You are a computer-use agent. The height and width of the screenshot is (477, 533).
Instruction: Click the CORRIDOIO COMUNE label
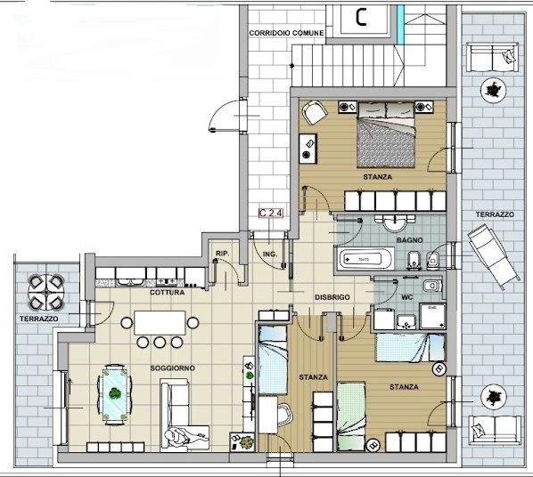(286, 33)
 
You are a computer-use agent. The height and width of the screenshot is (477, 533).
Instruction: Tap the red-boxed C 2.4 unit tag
(271, 213)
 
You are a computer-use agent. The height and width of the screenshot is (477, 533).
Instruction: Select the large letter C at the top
(361, 17)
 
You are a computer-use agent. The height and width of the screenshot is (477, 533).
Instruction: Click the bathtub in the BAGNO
(365, 259)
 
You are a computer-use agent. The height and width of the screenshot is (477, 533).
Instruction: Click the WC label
(407, 297)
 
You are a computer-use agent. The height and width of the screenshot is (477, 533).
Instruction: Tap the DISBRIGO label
(332, 297)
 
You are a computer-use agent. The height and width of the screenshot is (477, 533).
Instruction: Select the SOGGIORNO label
(172, 368)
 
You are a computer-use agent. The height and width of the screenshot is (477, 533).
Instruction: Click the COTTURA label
(168, 292)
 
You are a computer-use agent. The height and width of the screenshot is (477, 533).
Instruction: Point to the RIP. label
(223, 254)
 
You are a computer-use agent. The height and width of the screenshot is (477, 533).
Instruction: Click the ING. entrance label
(270, 254)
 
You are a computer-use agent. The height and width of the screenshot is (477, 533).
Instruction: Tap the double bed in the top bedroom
(386, 134)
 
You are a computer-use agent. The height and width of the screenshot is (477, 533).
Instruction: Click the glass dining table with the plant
(115, 394)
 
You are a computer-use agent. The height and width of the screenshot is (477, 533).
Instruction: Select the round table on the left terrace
(46, 292)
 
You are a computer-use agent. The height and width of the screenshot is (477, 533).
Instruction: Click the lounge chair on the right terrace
(493, 256)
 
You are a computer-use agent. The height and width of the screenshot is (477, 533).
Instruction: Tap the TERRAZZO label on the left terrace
(38, 319)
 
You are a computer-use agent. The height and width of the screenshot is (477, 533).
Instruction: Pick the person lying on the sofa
(185, 435)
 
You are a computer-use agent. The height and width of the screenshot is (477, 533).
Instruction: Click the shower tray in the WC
(432, 316)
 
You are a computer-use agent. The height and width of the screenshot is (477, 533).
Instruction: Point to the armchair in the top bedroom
(315, 112)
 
